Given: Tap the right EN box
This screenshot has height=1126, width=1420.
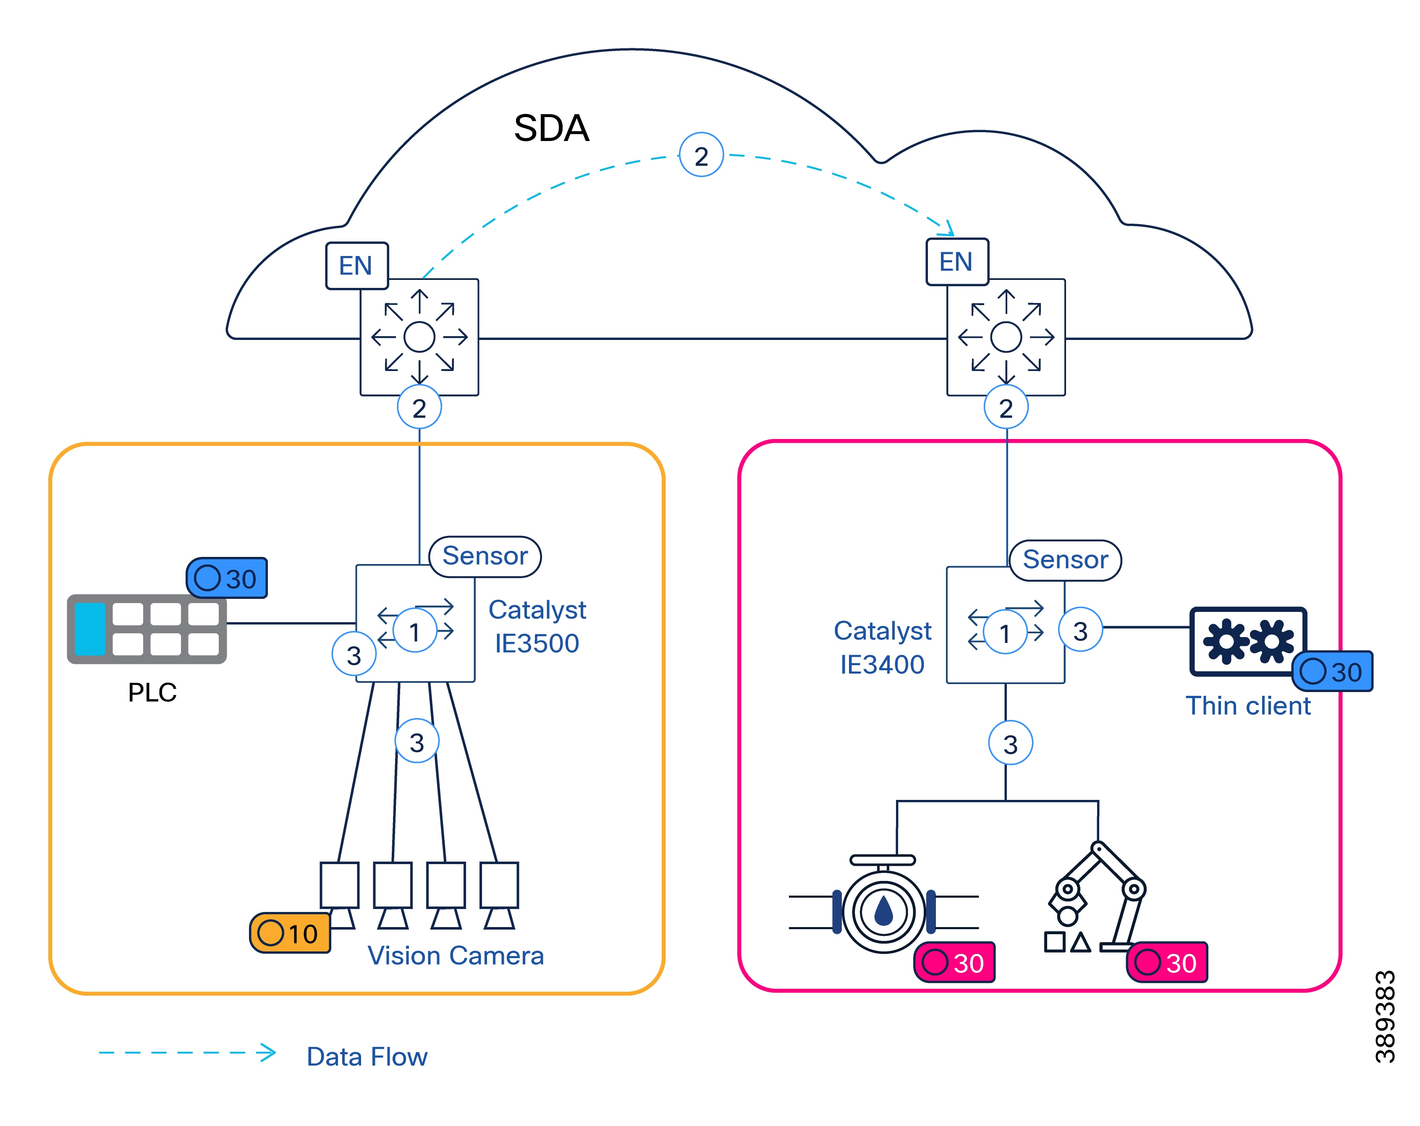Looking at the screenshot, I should [956, 262].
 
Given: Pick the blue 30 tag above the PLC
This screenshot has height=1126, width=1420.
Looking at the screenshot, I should [227, 578].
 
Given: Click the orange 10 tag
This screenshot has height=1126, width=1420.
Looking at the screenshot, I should [290, 933].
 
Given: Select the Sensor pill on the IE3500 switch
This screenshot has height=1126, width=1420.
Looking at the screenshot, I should [485, 556].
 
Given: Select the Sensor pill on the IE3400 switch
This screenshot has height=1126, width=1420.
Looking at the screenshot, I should [1065, 560].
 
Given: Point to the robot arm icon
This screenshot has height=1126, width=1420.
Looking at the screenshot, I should [1097, 896].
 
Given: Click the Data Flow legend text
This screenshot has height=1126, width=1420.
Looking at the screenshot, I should [367, 1056].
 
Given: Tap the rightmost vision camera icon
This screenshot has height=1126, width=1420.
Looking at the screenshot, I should [499, 893].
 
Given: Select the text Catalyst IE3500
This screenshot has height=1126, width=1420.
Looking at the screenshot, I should [537, 626].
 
